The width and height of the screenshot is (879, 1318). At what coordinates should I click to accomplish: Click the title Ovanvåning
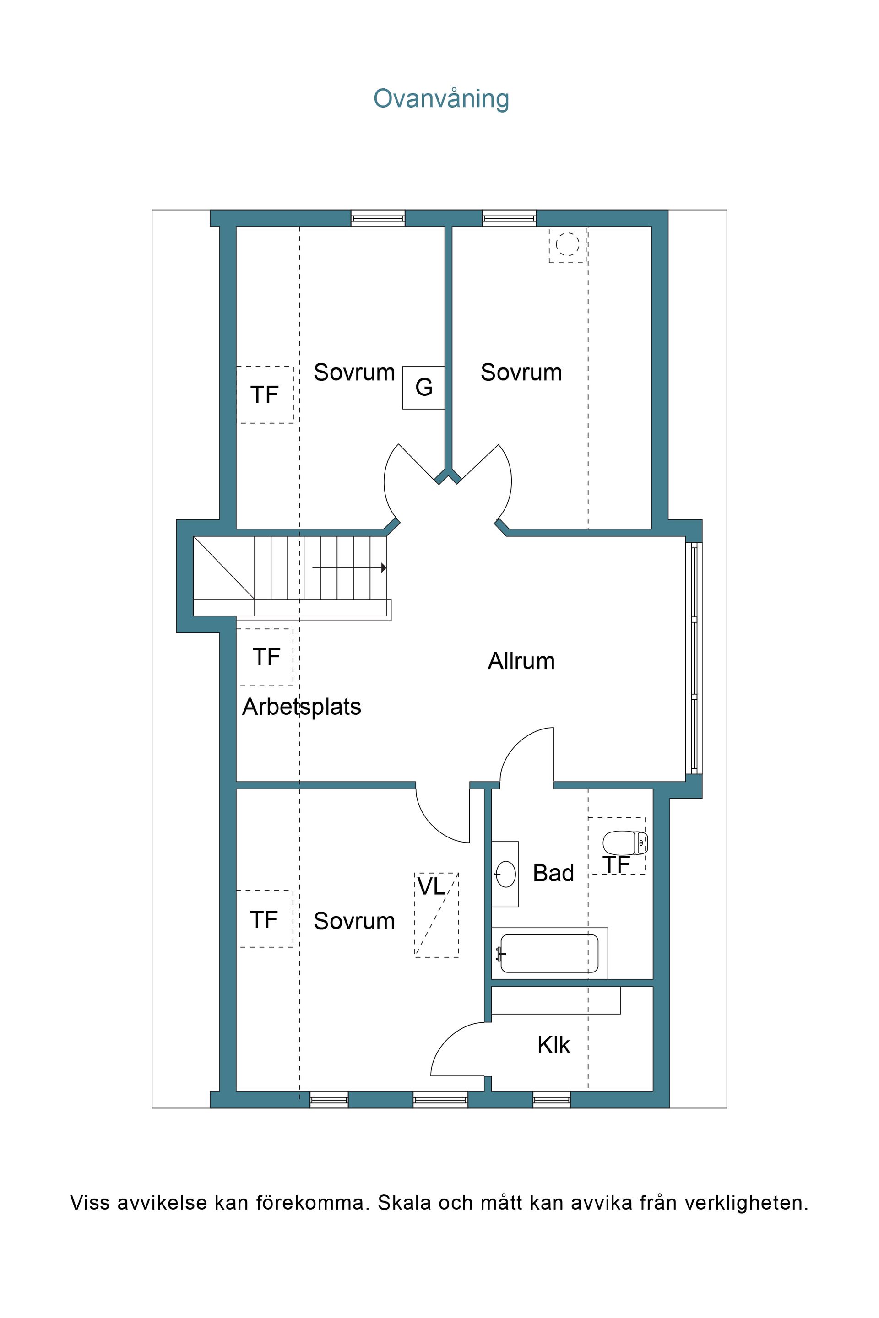pos(441,99)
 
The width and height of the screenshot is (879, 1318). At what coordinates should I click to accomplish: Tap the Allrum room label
pos(521,661)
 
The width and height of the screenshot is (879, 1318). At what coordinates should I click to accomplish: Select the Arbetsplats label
pos(302,707)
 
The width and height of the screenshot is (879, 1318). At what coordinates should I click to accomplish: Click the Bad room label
pos(553,874)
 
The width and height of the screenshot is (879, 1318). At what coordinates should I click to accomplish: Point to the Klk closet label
pos(553,1046)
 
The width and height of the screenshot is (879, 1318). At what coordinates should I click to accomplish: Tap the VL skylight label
pos(432,886)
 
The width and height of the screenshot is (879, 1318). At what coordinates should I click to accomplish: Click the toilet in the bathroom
pos(624,843)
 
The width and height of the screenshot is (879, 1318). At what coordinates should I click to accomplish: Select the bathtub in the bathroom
pos(549,953)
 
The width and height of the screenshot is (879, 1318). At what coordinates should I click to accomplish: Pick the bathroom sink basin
pos(505,874)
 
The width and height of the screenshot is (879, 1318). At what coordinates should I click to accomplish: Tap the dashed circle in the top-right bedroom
pos(567,244)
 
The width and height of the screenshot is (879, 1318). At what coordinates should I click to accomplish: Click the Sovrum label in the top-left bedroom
pos(354,373)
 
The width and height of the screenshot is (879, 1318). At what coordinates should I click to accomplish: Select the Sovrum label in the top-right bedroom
pos(521,373)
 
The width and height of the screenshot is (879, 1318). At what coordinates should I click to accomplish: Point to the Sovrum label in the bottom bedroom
pos(354,921)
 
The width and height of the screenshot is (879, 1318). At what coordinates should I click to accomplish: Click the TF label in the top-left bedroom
pos(265,395)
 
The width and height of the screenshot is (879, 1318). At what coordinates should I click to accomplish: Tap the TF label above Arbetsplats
pos(266,657)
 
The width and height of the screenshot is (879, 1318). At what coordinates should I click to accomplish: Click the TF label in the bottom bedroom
pos(264,920)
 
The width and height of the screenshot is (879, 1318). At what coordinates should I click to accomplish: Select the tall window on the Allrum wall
pos(694,659)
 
